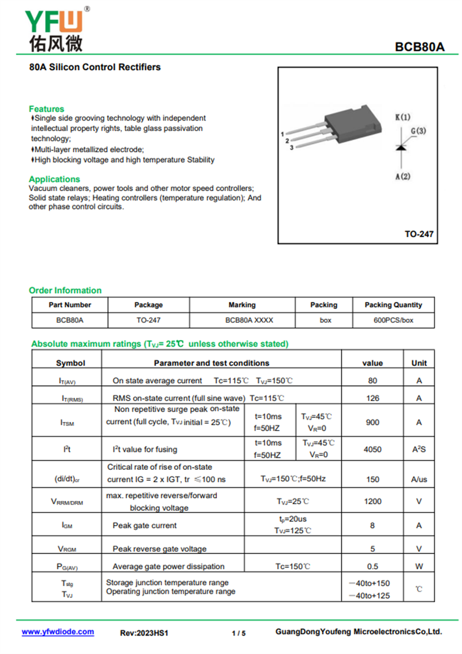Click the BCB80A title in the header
[x=420, y=47]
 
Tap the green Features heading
[x=46, y=109]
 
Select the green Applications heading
[x=54, y=179]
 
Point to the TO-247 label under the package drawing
[x=419, y=234]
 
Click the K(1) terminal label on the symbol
[x=403, y=117]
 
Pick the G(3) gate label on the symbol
[x=419, y=131]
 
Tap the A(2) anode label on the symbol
[x=403, y=176]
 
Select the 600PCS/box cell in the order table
[x=393, y=320]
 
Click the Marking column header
[x=242, y=305]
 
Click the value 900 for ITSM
[x=372, y=423]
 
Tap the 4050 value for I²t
[x=372, y=449]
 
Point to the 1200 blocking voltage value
[x=372, y=502]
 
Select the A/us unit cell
[x=419, y=479]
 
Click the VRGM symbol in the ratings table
[x=67, y=549]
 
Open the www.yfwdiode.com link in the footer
[x=58, y=632]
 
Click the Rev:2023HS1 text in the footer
[x=144, y=633]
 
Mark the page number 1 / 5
[x=239, y=633]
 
